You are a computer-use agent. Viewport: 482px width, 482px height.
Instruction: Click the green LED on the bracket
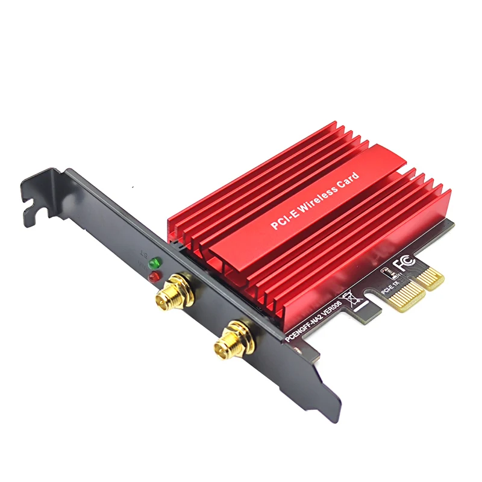coord(157,263)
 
